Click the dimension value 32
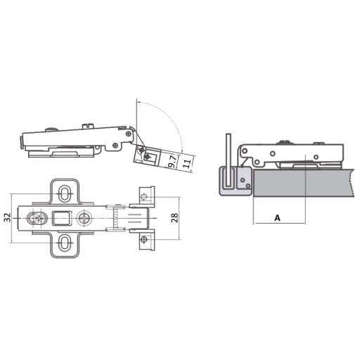(8, 217)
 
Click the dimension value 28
(174, 218)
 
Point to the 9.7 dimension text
(172, 162)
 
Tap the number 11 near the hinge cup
(187, 164)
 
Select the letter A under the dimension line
(277, 218)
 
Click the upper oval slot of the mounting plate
(64, 193)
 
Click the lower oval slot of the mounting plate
(64, 243)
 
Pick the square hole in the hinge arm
(62, 218)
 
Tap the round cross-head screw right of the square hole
(84, 218)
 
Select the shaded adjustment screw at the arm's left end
(37, 218)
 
